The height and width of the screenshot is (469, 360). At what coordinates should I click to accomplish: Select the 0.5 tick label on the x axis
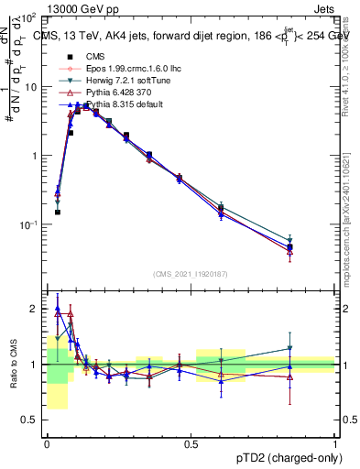(x=191, y=442)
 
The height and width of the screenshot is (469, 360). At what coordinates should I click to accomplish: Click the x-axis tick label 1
(x=335, y=442)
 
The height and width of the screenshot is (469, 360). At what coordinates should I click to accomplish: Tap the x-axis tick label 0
(x=47, y=442)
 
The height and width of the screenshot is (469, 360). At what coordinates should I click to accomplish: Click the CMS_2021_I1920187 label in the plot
(x=191, y=275)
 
